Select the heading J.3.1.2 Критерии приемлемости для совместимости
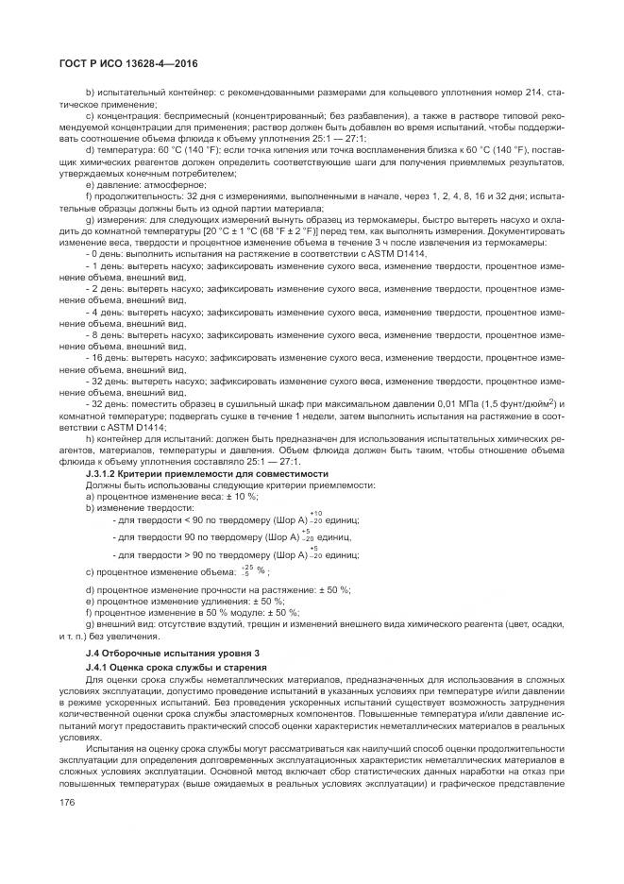[x=207, y=473]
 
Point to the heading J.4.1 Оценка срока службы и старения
[x=176, y=668]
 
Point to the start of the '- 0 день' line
[x=106, y=255]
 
